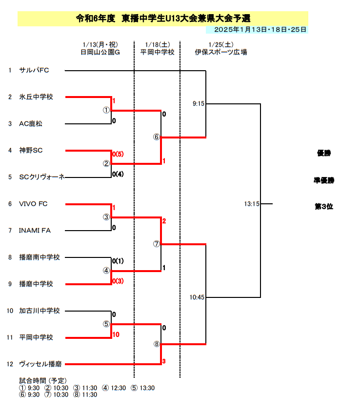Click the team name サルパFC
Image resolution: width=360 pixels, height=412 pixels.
(x=34, y=70)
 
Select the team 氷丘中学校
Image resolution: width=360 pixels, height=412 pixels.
(x=36, y=97)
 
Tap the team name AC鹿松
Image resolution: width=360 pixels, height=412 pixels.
(x=31, y=124)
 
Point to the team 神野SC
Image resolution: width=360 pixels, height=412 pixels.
(x=31, y=150)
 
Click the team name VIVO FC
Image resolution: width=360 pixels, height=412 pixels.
(x=33, y=204)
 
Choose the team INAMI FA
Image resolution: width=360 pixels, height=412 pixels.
(x=35, y=231)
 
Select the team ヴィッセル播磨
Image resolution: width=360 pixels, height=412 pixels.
(x=40, y=364)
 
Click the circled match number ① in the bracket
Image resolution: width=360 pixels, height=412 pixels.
(x=106, y=110)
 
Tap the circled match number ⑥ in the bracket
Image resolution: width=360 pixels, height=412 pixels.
(x=157, y=137)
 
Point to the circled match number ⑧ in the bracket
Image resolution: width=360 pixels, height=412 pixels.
(x=157, y=344)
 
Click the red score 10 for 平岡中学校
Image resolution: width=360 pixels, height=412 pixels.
(x=116, y=334)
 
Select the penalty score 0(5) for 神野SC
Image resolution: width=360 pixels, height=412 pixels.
(x=118, y=154)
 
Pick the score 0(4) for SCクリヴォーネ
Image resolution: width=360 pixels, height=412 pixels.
(x=118, y=174)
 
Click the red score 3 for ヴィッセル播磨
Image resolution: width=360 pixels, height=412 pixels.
(x=164, y=361)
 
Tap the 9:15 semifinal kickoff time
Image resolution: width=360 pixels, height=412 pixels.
(x=198, y=104)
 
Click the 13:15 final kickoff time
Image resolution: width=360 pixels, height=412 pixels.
(x=252, y=204)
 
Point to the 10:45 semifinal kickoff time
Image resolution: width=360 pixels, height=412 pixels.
(x=197, y=297)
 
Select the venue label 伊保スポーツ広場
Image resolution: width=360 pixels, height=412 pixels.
(x=221, y=52)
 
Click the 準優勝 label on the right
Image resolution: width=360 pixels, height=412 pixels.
(x=324, y=180)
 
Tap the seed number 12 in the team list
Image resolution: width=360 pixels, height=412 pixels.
(x=10, y=364)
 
